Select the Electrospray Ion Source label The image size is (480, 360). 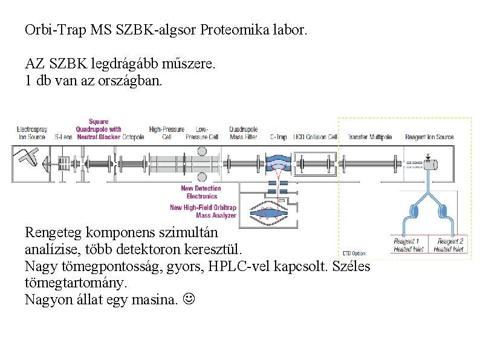click(31, 133)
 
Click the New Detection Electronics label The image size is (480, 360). click(201, 192)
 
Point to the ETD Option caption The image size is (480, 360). click(354, 253)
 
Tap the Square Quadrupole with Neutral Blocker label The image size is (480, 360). click(99, 129)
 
